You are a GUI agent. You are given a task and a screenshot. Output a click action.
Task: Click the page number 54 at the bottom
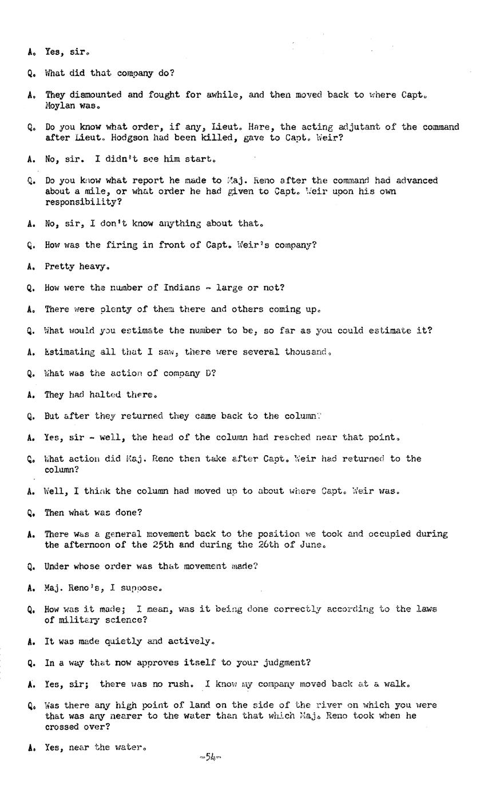pos(210,758)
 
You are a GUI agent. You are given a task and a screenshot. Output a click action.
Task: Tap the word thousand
pos(308,352)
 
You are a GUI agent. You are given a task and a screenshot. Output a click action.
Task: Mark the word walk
pos(398,684)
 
